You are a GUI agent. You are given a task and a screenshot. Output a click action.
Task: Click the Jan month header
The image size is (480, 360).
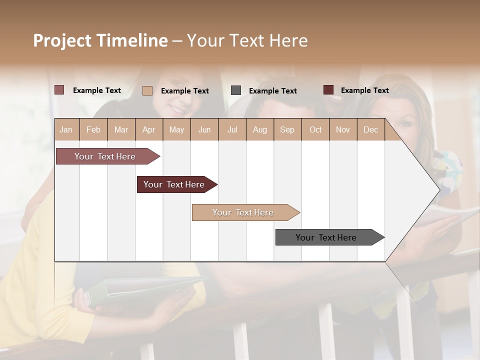click(x=66, y=129)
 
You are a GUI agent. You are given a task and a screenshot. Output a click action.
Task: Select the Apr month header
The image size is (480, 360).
click(x=149, y=129)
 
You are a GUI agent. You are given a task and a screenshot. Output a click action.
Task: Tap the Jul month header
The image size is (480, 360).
click(x=232, y=129)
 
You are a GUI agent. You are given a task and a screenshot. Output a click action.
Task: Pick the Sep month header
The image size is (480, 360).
click(x=287, y=129)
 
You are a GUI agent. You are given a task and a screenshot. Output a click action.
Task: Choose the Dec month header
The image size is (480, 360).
click(x=370, y=129)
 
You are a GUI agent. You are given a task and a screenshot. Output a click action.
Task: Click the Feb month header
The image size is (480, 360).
click(x=93, y=129)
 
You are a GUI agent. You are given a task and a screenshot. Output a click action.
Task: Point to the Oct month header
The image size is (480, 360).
click(x=315, y=129)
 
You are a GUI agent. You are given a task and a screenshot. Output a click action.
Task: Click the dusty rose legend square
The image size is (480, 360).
click(x=59, y=90)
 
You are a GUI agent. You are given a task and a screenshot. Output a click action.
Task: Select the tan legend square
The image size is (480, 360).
click(x=147, y=90)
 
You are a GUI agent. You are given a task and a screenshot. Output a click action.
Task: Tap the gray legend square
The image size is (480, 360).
click(x=236, y=90)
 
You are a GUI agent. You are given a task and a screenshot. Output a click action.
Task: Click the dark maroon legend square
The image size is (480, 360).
click(x=328, y=90)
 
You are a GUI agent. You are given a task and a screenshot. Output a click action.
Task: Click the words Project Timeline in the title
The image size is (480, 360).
click(x=100, y=40)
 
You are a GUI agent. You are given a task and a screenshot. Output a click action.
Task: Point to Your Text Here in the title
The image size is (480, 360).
click(x=247, y=40)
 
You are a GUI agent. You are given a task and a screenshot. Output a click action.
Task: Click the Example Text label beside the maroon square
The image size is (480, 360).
click(x=364, y=90)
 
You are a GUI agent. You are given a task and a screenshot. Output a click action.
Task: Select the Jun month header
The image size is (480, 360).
click(x=204, y=129)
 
